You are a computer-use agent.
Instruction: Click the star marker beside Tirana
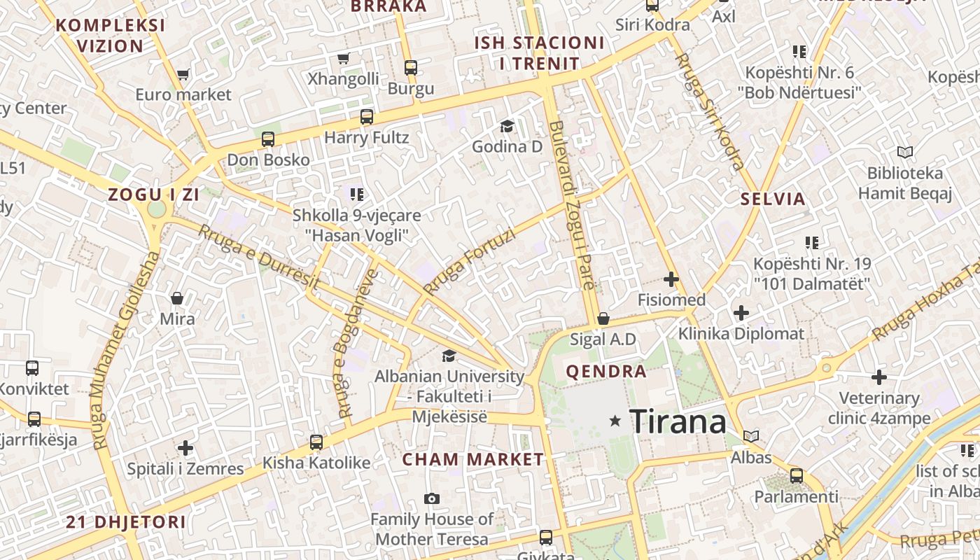(615, 421)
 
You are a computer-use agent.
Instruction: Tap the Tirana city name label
(678, 421)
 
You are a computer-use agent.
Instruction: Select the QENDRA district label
(605, 372)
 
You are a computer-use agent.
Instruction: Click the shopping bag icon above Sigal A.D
(603, 318)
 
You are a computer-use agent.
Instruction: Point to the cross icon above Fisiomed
(671, 279)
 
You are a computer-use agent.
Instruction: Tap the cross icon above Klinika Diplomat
(741, 312)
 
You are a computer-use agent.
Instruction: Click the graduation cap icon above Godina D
(507, 126)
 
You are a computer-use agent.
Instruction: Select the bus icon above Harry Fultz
(367, 117)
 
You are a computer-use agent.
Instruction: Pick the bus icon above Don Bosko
(268, 139)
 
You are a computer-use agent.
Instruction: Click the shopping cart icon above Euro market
(183, 74)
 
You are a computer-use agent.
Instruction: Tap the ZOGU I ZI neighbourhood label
(153, 195)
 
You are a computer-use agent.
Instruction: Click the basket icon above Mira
(177, 299)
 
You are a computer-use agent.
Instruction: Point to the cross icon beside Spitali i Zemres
(185, 447)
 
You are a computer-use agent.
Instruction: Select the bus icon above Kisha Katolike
(316, 442)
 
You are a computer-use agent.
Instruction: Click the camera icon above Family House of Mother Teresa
(432, 498)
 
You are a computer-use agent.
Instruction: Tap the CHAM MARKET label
(472, 460)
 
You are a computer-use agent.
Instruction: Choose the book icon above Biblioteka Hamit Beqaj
(905, 152)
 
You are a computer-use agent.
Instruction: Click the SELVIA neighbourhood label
(773, 199)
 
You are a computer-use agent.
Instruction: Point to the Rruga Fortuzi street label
(469, 261)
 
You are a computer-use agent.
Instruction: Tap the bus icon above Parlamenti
(796, 476)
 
